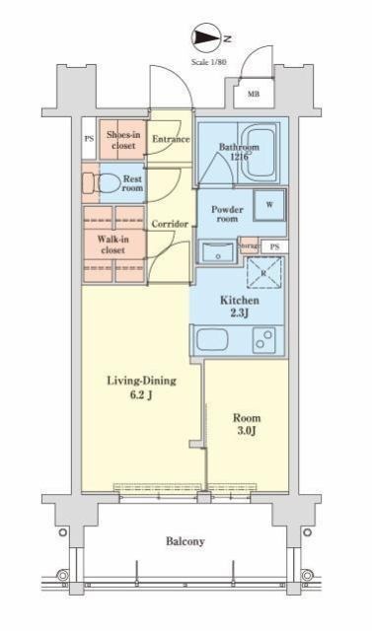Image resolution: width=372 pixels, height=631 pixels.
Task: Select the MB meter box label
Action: (x=254, y=95)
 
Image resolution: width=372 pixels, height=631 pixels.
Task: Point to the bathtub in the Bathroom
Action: (x=260, y=153)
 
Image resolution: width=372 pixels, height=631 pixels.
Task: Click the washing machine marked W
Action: (x=269, y=205)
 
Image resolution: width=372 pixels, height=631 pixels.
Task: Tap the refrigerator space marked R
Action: (x=263, y=273)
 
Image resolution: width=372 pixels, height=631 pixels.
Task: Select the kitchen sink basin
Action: (x=212, y=339)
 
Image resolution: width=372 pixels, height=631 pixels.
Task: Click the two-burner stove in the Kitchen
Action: (x=264, y=337)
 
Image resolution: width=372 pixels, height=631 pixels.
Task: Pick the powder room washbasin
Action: (x=217, y=252)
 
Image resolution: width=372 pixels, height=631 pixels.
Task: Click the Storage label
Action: (x=249, y=245)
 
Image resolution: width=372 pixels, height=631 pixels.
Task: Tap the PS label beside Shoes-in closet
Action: (x=89, y=139)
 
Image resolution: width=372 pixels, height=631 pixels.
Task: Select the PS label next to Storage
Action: (x=274, y=247)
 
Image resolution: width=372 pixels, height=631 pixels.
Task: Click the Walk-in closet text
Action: (x=112, y=245)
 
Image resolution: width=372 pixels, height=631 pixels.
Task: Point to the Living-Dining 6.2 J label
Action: (x=141, y=387)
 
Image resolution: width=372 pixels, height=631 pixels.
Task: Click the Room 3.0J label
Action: (x=247, y=424)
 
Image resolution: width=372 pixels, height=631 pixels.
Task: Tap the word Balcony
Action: (x=186, y=541)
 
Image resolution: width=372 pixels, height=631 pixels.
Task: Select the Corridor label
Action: (x=170, y=224)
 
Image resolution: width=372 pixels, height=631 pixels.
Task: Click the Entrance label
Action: (x=171, y=139)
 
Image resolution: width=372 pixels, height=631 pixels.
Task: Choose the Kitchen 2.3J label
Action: (x=239, y=307)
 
